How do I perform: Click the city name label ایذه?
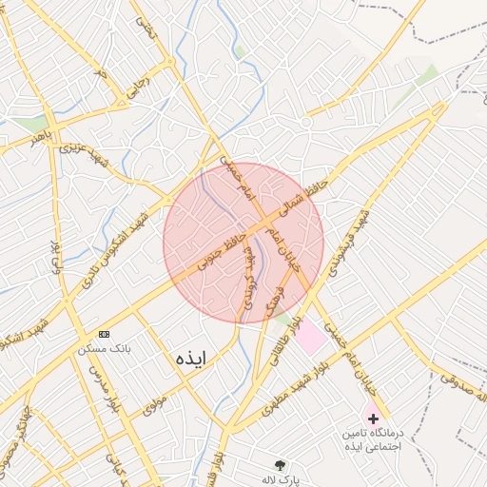[x=190, y=358]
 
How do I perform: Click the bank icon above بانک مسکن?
[x=104, y=334]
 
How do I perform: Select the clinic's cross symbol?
[x=373, y=419]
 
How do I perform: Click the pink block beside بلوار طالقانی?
[x=309, y=336]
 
